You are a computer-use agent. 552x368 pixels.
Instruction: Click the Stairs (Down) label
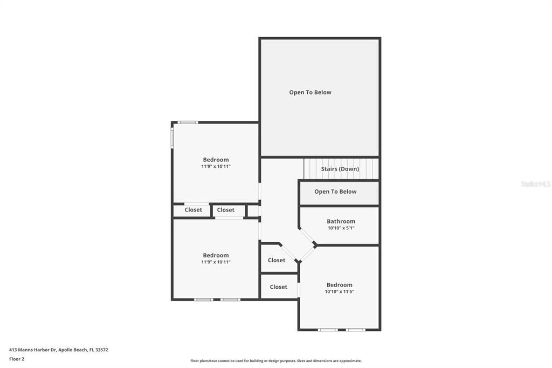(x=340, y=169)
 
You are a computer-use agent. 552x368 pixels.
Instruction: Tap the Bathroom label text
(x=341, y=221)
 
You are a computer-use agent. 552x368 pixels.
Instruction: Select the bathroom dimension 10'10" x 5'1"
(x=341, y=228)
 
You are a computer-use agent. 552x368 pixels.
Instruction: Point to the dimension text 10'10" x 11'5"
(x=339, y=292)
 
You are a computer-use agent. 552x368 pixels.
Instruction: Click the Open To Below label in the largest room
(x=310, y=92)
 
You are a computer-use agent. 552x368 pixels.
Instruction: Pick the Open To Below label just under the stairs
(x=335, y=192)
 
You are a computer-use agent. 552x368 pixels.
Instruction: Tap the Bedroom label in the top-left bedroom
(x=216, y=160)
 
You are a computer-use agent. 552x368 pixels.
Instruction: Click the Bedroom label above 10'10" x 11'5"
(x=339, y=285)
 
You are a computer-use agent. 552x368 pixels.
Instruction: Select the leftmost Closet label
(x=193, y=210)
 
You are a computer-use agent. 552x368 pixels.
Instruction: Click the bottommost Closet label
(x=278, y=287)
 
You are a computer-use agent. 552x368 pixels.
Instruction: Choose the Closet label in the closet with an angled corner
(x=277, y=260)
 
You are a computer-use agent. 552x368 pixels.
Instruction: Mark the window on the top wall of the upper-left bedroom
(x=188, y=122)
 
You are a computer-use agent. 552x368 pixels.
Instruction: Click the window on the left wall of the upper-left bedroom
(x=172, y=137)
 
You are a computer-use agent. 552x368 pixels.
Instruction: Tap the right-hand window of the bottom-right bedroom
(x=355, y=330)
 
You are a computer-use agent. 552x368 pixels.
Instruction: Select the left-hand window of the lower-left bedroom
(x=203, y=299)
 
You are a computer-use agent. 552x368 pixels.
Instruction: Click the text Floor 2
(x=17, y=359)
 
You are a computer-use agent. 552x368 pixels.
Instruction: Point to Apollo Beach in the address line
(x=73, y=350)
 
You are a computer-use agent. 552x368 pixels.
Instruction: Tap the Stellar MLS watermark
(x=535, y=184)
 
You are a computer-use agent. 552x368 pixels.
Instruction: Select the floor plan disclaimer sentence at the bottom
(x=275, y=360)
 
